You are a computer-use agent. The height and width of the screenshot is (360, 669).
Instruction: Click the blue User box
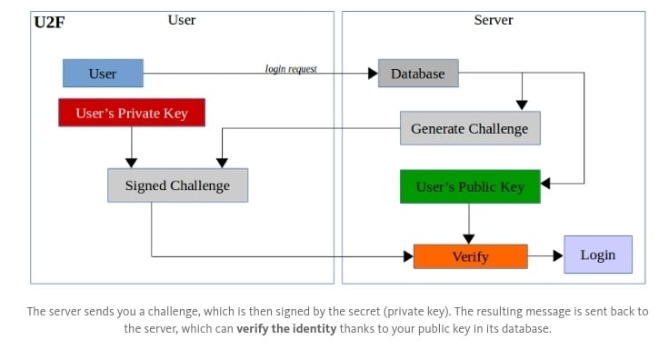103,74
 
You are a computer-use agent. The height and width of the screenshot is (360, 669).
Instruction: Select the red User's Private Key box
132,113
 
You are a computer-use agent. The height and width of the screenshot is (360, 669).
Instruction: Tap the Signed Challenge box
177,185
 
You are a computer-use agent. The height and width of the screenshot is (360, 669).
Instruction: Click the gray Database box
418,74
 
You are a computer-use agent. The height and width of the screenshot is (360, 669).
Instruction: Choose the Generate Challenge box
470,128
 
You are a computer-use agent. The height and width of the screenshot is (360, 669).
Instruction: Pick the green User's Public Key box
470,186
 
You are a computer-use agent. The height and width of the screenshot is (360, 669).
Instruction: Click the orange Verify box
471,256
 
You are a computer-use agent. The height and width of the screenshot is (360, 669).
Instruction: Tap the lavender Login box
598,255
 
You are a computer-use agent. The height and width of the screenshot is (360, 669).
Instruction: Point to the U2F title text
49,22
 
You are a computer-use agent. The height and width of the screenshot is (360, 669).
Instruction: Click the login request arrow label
291,69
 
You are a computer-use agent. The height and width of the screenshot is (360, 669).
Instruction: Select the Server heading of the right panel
494,20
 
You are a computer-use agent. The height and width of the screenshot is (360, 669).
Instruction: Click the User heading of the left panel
182,20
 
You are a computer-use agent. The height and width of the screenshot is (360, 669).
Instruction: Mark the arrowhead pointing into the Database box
373,74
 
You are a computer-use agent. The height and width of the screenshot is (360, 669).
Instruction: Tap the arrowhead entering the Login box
558,256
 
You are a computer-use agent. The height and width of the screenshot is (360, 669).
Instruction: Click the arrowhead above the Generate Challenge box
522,105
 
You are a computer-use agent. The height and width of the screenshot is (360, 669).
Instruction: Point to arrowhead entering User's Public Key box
545,184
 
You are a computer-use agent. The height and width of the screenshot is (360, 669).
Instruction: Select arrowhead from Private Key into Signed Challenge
132,164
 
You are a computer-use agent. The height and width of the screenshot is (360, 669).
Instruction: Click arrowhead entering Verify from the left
408,256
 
